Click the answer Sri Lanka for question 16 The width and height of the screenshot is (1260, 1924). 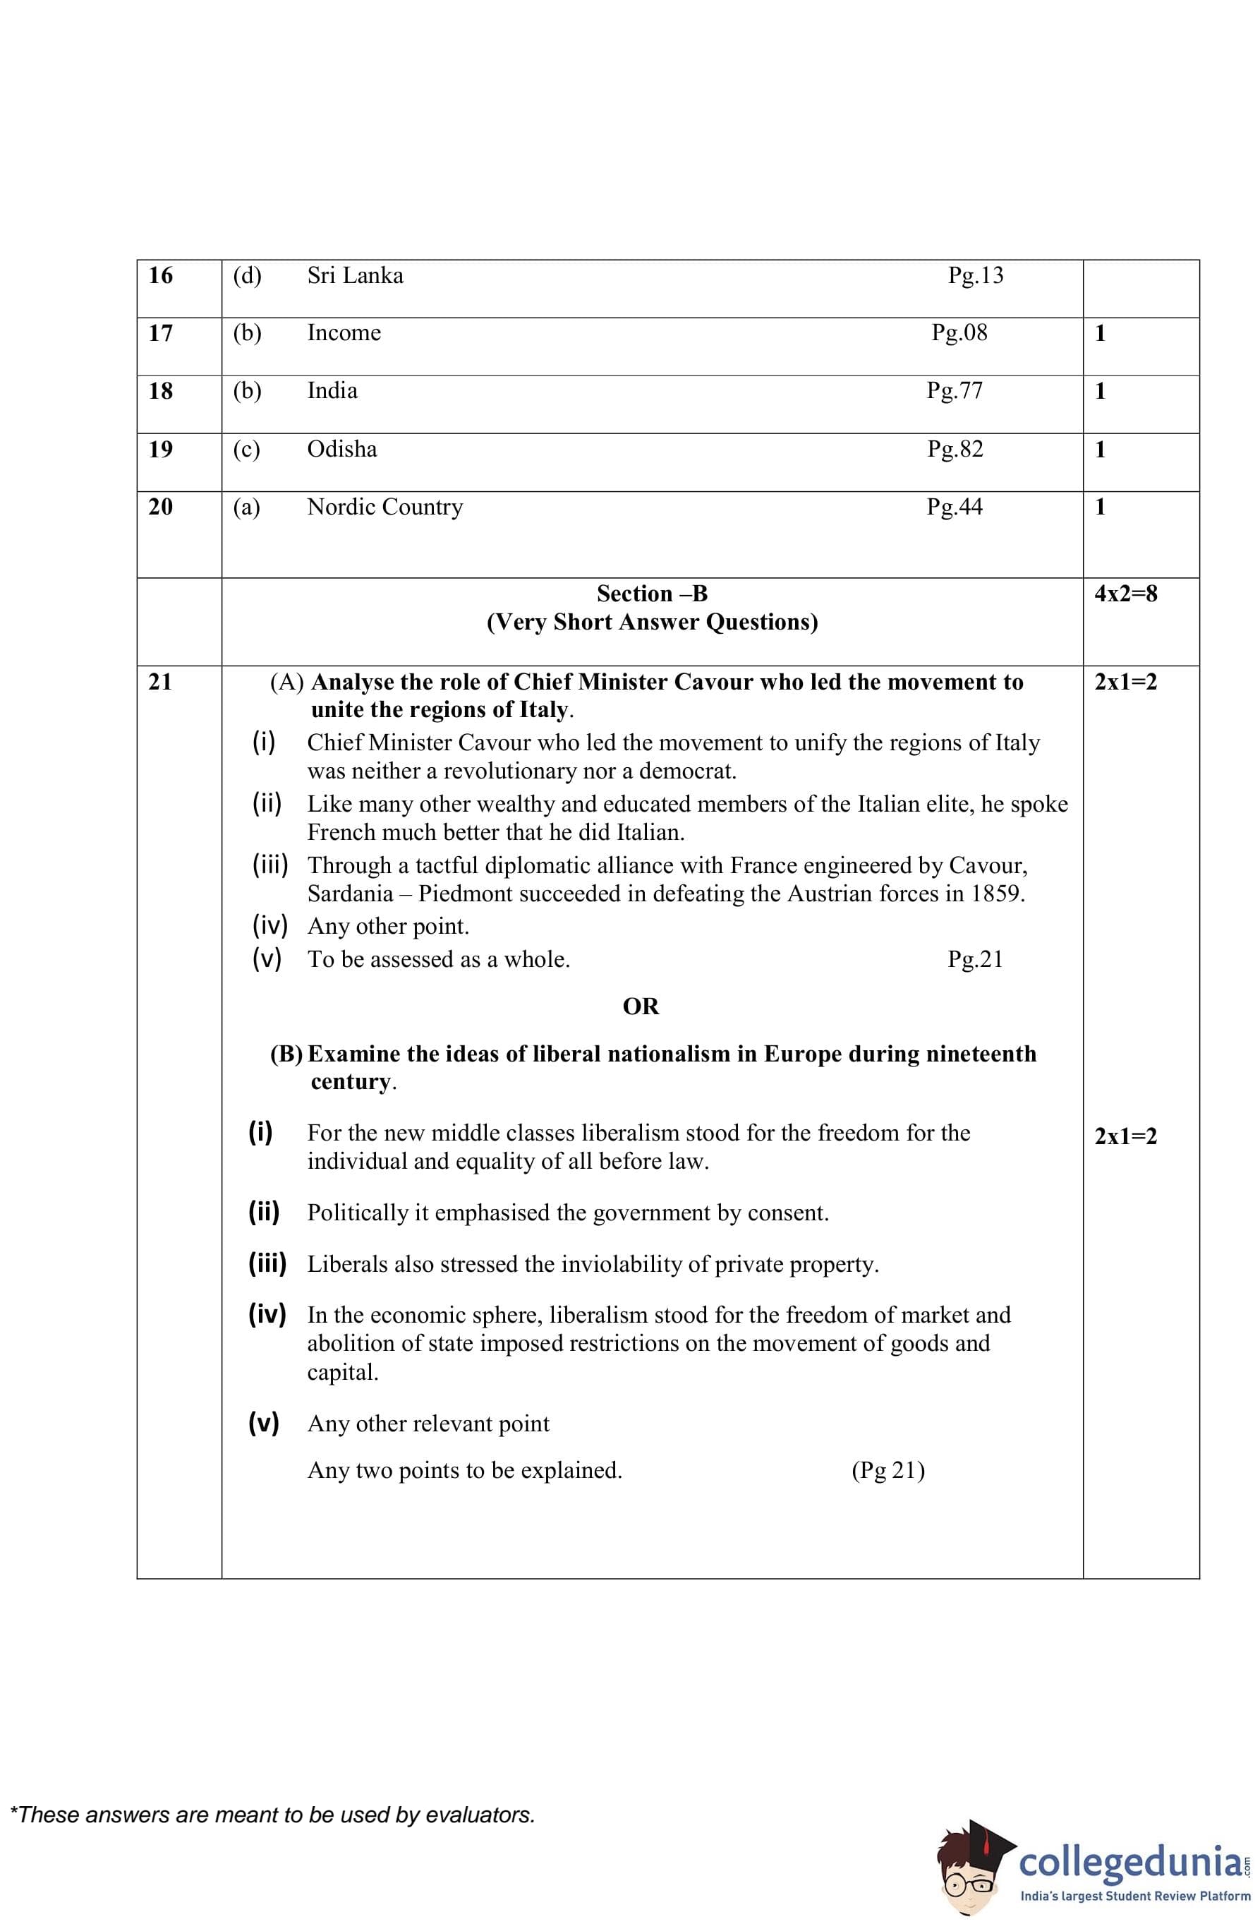(x=355, y=276)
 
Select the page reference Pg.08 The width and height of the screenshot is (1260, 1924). (x=959, y=333)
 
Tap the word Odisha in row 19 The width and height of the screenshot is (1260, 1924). (x=342, y=450)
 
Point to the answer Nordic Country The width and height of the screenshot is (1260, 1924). (x=384, y=507)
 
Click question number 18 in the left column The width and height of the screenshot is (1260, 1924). (x=161, y=391)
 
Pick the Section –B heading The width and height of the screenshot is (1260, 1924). (x=651, y=594)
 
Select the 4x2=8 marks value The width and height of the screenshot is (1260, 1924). (x=1125, y=594)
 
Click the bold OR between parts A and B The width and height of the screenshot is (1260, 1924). (x=640, y=1006)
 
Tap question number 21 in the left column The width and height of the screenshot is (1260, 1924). (x=161, y=682)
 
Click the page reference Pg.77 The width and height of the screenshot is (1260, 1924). (x=955, y=391)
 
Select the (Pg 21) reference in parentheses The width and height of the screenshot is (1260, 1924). (x=888, y=1469)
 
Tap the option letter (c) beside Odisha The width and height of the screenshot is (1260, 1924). (x=246, y=450)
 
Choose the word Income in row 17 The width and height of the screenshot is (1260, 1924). (x=344, y=333)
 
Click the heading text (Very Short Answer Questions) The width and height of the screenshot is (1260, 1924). (x=651, y=623)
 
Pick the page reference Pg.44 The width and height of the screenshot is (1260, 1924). (x=955, y=507)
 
